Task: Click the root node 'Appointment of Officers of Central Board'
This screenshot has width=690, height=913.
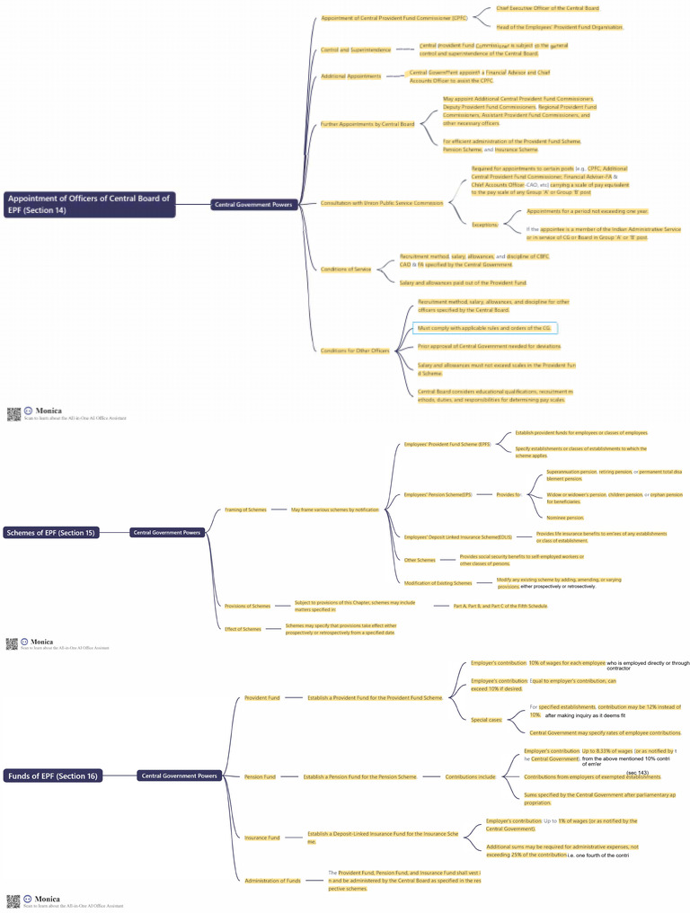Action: (x=89, y=204)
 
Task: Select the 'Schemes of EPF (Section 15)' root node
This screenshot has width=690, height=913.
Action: (x=50, y=533)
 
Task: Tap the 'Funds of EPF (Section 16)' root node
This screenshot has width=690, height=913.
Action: (x=53, y=776)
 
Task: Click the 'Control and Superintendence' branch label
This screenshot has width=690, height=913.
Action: (x=356, y=49)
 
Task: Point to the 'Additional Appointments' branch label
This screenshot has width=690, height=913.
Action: (x=351, y=76)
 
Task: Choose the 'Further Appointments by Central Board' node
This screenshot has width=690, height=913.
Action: (x=367, y=124)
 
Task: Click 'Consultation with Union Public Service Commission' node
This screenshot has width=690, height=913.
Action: (x=382, y=203)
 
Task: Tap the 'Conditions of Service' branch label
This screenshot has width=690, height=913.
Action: (x=346, y=270)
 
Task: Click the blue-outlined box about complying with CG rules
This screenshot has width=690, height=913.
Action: (x=485, y=328)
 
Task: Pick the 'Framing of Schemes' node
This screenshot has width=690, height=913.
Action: (x=245, y=510)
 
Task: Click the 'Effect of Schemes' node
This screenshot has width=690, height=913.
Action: (x=243, y=629)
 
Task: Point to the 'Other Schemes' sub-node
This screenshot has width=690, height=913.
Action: (x=420, y=560)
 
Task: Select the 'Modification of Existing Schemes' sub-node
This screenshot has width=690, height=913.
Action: (x=438, y=583)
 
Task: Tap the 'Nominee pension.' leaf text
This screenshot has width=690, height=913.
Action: (x=565, y=518)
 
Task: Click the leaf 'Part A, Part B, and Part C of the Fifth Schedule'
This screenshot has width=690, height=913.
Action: (x=500, y=606)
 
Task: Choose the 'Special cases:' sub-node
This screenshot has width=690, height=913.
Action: (x=486, y=720)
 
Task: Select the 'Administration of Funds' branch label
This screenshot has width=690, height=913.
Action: (x=273, y=881)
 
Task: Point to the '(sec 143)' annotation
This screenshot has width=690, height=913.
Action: (x=638, y=773)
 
